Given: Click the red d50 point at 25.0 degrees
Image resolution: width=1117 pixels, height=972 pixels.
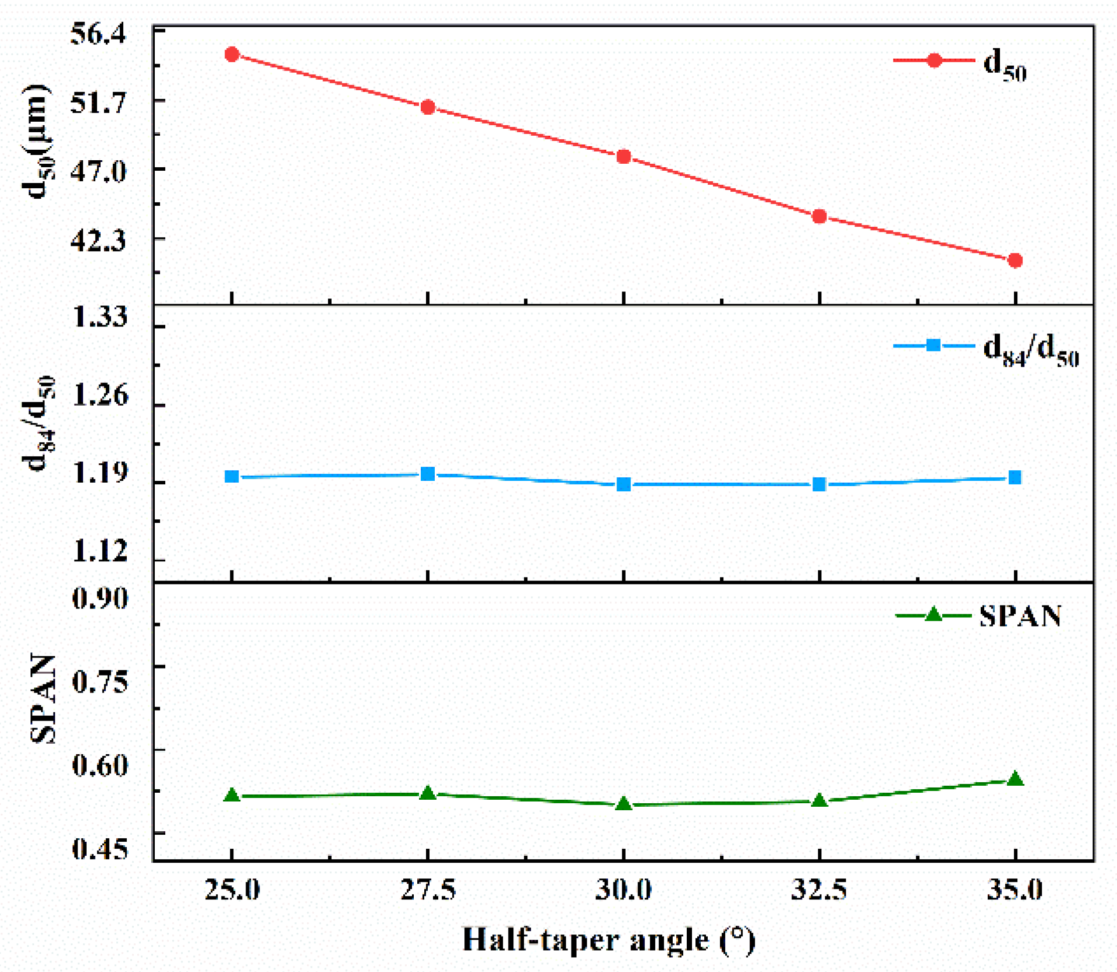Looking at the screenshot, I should (x=232, y=54).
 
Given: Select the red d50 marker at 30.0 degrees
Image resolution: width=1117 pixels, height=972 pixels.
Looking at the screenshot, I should (x=624, y=157).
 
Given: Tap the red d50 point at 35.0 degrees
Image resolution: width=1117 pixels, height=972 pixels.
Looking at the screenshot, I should (x=1015, y=261).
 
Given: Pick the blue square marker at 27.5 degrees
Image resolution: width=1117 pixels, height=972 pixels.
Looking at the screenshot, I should (x=428, y=474).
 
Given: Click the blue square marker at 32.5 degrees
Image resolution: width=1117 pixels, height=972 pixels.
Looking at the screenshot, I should (x=819, y=484).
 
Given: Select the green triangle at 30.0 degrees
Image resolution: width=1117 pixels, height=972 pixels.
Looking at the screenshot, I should (x=624, y=804).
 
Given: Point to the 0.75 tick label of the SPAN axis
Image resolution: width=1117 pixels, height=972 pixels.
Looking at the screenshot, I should (x=100, y=681).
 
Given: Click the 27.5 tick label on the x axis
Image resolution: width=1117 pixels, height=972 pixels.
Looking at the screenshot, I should (x=428, y=890).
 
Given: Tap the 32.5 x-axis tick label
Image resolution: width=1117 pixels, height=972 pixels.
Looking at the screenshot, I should (x=819, y=890).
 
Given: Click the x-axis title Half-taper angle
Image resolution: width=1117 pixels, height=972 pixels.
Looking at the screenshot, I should (x=609, y=939).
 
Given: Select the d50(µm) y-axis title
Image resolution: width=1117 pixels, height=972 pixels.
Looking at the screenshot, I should (x=37, y=142).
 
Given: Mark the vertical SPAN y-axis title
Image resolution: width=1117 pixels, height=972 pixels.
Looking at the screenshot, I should (x=42, y=699).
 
